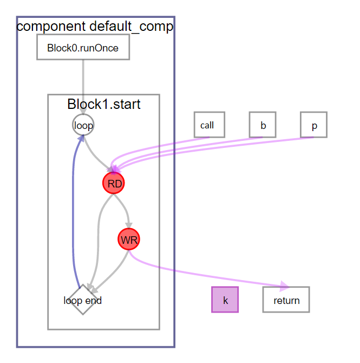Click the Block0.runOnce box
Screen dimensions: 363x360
click(83, 48)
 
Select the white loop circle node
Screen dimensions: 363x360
click(83, 126)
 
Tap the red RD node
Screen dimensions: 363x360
click(114, 184)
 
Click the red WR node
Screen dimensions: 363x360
click(129, 239)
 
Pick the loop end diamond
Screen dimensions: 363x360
click(82, 300)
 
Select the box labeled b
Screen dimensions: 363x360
click(263, 125)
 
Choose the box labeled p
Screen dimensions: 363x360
click(313, 125)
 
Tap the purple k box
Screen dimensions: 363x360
click(225, 300)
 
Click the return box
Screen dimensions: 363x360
click(286, 300)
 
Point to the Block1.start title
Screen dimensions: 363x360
click(104, 104)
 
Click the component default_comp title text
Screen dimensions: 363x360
click(95, 26)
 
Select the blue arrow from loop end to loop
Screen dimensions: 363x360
click(73, 217)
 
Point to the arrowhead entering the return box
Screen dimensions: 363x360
click(283, 286)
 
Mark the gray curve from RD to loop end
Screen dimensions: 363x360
click(98, 238)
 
